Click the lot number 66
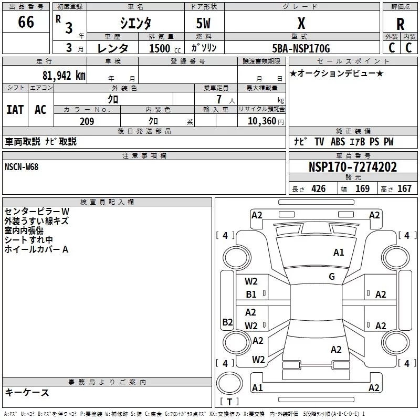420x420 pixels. pyautogui.click(x=26, y=23)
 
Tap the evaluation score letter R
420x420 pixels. pyautogui.click(x=400, y=24)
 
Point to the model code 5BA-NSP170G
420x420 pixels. pyautogui.click(x=301, y=48)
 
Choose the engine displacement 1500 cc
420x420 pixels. pyautogui.click(x=163, y=48)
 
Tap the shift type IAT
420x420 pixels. pyautogui.click(x=15, y=109)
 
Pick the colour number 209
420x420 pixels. pyautogui.click(x=87, y=121)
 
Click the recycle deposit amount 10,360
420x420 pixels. pyautogui.click(x=261, y=121)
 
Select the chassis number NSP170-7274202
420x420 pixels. pyautogui.click(x=352, y=167)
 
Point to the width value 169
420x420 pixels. pyautogui.click(x=362, y=189)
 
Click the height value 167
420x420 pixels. pyautogui.click(x=404, y=189)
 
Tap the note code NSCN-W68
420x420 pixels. pyautogui.click(x=22, y=167)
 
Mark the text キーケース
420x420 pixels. pyautogui.click(x=27, y=393)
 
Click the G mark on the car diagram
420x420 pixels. pyautogui.click(x=332, y=277)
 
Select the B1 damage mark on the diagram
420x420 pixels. pyautogui.click(x=251, y=295)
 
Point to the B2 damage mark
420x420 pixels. pyautogui.click(x=227, y=322)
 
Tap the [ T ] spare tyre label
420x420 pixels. pyautogui.click(x=229, y=402)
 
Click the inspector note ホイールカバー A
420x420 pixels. pyautogui.click(x=36, y=249)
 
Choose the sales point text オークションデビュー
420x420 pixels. pyautogui.click(x=337, y=73)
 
